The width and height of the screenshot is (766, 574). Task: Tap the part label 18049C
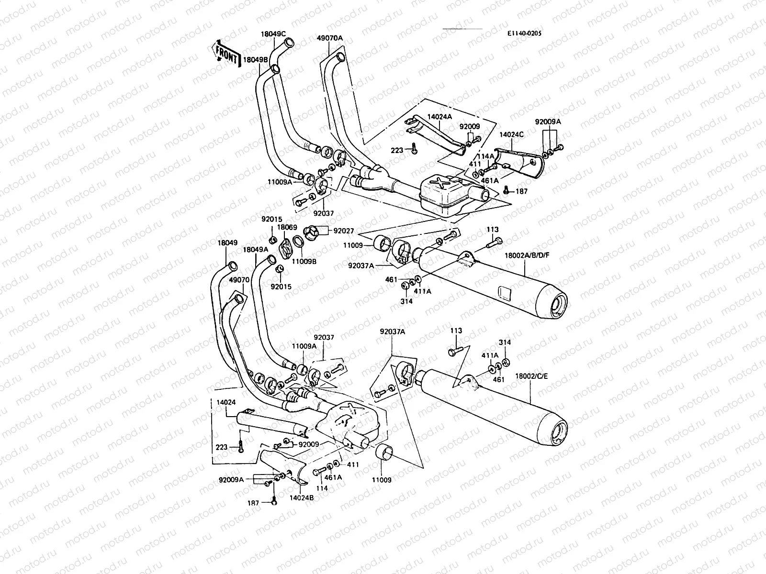[273, 34]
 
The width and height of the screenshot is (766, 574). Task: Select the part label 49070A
[329, 38]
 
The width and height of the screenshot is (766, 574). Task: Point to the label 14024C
[511, 135]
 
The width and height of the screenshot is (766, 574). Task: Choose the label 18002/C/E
[531, 376]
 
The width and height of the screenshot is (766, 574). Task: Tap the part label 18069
[287, 227]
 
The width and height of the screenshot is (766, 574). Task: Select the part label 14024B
[301, 498]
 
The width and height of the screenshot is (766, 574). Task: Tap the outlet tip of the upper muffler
[558, 306]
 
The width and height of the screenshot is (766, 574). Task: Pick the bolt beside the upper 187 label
[507, 191]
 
